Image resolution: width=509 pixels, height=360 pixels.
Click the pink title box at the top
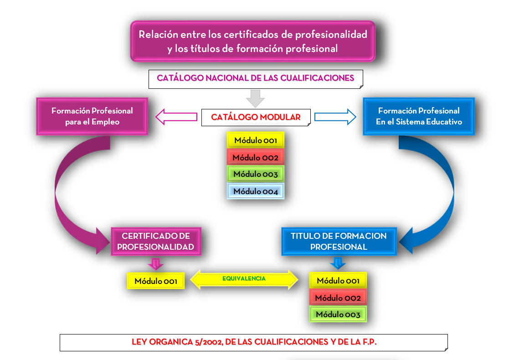[253, 41]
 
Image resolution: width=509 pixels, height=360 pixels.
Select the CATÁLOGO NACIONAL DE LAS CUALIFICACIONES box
[255, 78]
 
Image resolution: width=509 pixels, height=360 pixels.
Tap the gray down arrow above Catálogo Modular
[256, 98]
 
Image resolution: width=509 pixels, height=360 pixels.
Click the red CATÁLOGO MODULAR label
[256, 117]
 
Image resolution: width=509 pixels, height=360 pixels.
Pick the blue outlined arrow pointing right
[335, 117]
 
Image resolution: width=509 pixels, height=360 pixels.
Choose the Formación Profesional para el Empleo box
[92, 116]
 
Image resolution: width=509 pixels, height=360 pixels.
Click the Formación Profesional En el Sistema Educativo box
[418, 116]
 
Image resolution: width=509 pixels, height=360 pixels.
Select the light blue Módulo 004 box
[255, 191]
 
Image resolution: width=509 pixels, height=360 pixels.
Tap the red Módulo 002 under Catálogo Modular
[255, 158]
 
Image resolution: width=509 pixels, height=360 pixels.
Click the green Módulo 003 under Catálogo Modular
[255, 174]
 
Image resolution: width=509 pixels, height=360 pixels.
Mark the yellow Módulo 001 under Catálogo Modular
[255, 140]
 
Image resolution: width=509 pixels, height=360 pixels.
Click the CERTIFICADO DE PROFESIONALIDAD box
[156, 242]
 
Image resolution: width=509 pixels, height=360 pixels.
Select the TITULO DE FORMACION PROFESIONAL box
[339, 242]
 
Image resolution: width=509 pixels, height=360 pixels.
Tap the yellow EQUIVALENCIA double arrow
[244, 279]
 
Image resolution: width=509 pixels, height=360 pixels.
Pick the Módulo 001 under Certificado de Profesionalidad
[155, 281]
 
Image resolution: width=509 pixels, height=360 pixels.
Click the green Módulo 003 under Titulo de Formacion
[338, 314]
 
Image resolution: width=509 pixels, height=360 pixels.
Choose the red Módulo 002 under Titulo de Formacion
[338, 298]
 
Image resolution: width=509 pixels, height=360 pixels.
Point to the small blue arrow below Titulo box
[338, 263]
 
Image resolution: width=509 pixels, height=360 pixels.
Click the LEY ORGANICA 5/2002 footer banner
[253, 342]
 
